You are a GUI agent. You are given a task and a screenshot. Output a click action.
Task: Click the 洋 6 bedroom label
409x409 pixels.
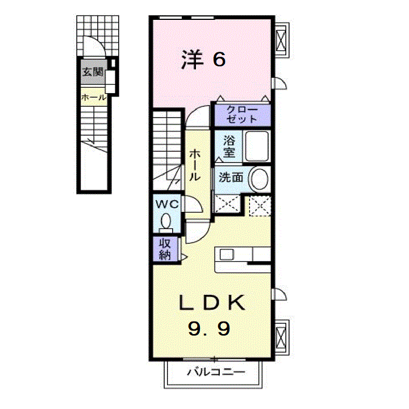click(x=204, y=59)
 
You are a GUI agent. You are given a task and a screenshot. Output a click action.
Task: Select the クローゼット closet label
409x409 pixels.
click(x=242, y=114)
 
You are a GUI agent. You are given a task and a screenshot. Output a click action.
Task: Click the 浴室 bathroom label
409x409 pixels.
click(x=229, y=146)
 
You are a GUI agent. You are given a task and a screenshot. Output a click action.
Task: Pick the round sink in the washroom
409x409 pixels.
click(x=259, y=178)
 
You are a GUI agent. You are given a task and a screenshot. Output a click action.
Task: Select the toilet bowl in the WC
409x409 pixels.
click(x=167, y=221)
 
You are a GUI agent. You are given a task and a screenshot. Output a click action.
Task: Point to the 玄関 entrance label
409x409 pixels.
click(x=91, y=72)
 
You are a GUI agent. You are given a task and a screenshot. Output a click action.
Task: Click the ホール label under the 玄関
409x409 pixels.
click(x=93, y=98)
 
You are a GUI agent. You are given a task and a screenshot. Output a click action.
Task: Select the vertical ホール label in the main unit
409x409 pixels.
click(x=195, y=165)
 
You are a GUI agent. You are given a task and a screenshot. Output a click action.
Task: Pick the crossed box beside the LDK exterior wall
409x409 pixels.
click(x=282, y=336)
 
